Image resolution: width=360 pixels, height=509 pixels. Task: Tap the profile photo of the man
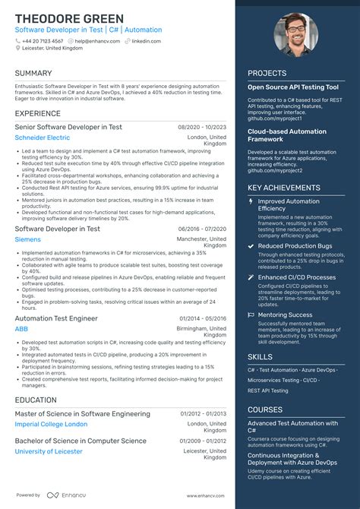click(296, 35)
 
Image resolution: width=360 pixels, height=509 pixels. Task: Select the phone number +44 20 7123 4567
click(43, 41)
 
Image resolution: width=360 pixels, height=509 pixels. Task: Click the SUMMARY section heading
click(33, 73)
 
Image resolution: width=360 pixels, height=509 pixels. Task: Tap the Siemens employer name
click(29, 239)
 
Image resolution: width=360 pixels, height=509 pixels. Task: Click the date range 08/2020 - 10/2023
click(202, 127)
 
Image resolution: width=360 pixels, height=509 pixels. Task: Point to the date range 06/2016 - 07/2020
click(202, 229)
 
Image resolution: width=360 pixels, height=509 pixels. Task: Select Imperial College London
click(51, 424)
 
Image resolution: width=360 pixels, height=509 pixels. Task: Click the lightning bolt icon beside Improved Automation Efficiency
click(251, 202)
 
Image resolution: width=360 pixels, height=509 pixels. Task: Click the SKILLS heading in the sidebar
click(260, 356)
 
